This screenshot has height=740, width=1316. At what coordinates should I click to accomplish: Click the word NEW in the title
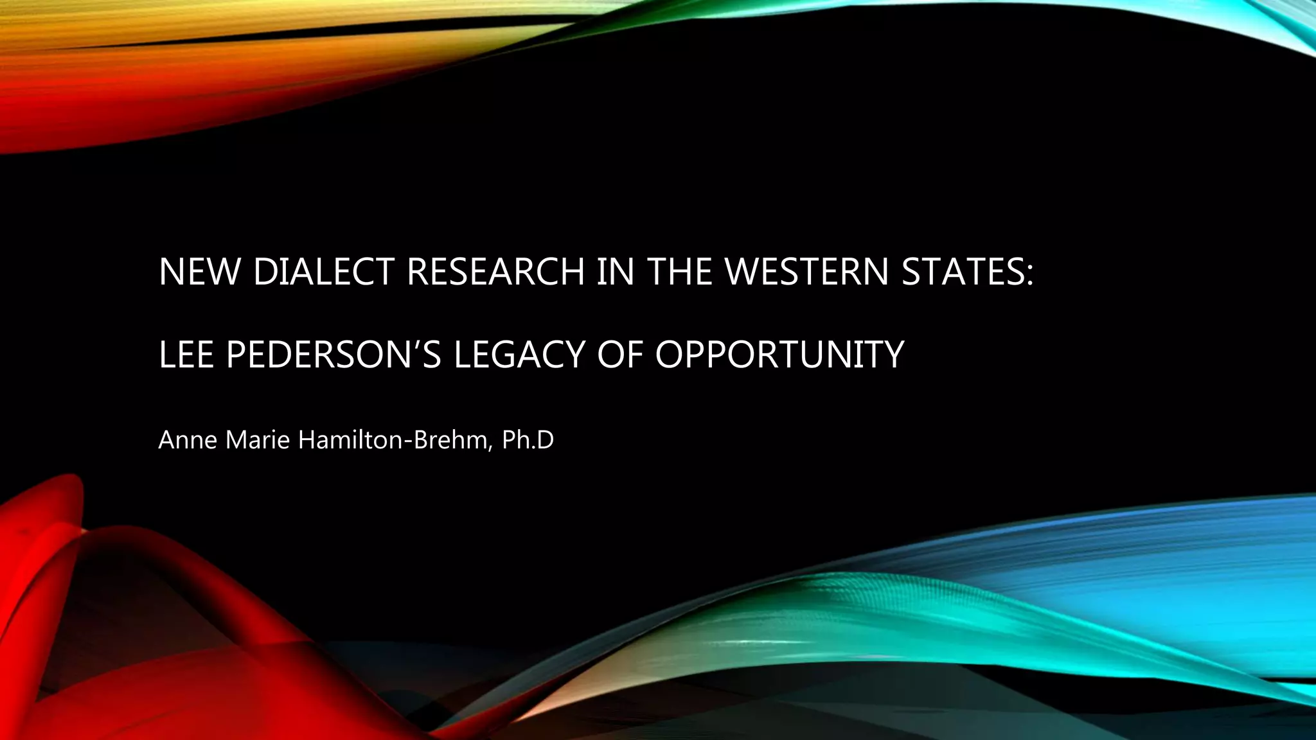coord(200,272)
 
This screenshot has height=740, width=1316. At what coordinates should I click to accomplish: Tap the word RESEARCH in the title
coord(495,272)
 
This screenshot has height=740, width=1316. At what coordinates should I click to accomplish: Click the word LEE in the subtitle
coord(186,354)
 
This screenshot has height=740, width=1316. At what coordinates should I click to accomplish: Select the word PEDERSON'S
coord(333,354)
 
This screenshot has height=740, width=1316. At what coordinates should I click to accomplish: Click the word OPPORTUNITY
coord(779,354)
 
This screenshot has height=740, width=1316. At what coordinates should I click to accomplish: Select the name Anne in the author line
coord(187,441)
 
